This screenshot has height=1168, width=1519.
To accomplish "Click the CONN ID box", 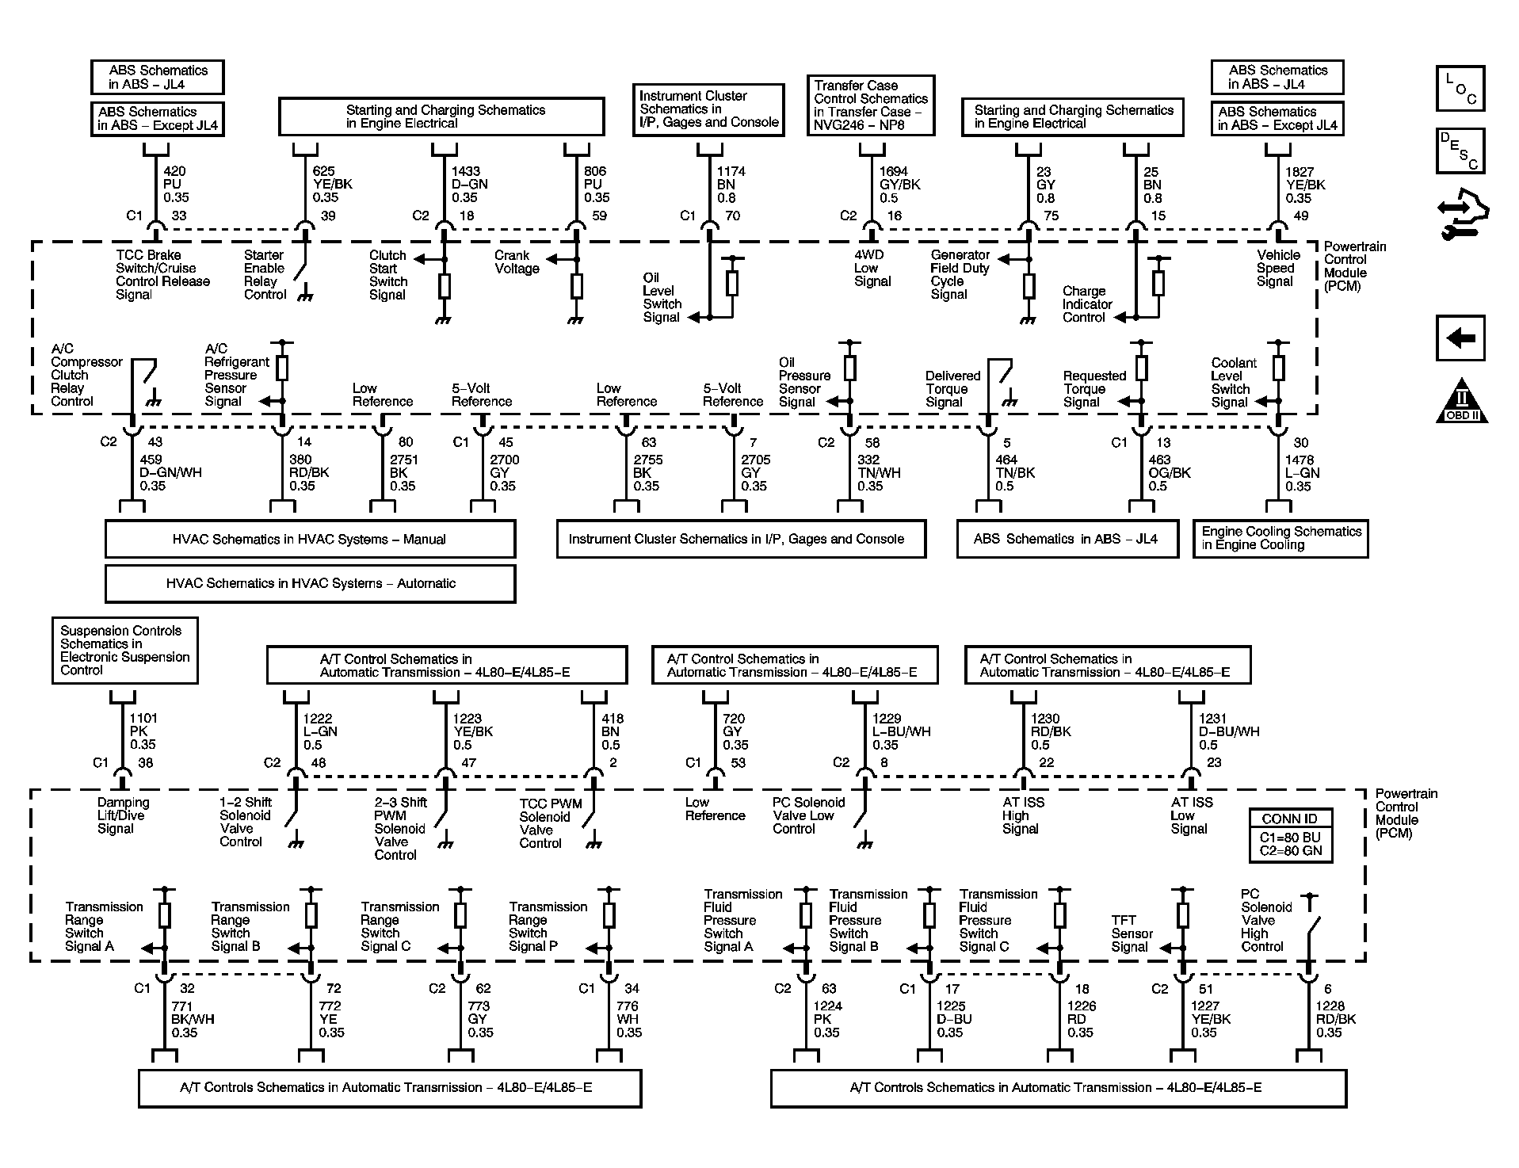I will click(1290, 835).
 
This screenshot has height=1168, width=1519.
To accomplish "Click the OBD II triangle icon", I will click(1461, 401).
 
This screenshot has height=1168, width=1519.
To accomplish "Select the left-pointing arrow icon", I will click(1460, 338).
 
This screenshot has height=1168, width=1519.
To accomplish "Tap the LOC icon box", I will click(1460, 88).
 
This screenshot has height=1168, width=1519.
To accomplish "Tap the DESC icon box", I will click(1460, 151).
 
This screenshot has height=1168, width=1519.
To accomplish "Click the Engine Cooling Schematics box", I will click(1280, 538).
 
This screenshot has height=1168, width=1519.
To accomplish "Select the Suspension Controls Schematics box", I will click(124, 651).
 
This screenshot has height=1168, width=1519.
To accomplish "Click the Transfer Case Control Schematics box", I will click(871, 105).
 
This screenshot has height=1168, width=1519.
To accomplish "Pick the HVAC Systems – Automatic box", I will click(310, 583).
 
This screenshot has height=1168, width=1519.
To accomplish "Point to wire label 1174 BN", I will click(731, 185).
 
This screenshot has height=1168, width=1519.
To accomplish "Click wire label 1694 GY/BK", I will click(899, 185).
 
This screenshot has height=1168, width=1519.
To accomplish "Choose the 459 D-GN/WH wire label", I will click(170, 472).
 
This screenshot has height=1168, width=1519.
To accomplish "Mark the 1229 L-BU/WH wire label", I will click(901, 731).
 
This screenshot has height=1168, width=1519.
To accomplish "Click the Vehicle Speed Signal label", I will click(1278, 268).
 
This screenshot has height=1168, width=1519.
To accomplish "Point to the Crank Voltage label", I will click(517, 262).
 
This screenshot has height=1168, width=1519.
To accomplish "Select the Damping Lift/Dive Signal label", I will click(123, 815).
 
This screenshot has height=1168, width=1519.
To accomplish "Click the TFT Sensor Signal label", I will click(1131, 933).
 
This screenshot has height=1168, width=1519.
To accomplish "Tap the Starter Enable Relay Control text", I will click(265, 275).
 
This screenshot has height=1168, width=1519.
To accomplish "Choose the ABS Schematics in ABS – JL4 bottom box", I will click(1067, 539).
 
